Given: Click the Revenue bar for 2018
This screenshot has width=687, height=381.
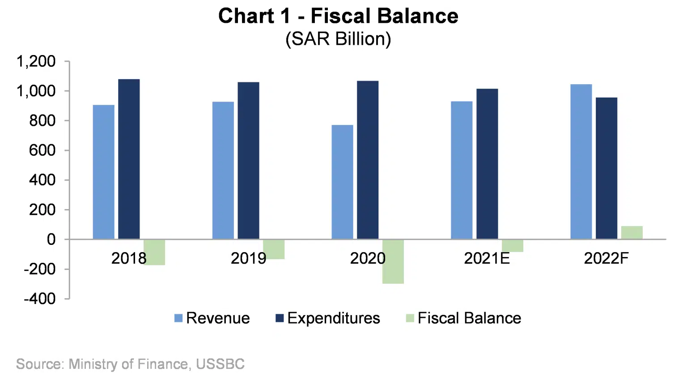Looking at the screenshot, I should click(103, 172).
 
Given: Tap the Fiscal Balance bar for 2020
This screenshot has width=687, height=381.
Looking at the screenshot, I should click(393, 261).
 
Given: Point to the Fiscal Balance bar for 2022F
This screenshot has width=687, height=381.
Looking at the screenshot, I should click(632, 233).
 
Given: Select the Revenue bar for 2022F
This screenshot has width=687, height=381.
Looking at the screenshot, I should click(581, 162).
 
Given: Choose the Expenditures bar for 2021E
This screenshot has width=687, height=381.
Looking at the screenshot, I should click(487, 164).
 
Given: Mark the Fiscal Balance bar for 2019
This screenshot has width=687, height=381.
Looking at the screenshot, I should click(274, 249).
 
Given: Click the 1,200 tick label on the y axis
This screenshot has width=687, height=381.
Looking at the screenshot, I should click(36, 61).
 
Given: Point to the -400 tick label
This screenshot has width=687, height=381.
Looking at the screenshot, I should click(40, 299).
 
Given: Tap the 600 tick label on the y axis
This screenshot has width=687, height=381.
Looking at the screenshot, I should click(42, 150).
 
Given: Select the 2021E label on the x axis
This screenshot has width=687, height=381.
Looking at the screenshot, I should click(487, 259).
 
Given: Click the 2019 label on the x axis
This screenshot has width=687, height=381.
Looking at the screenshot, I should click(248, 259).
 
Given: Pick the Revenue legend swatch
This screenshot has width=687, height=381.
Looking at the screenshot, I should click(178, 318).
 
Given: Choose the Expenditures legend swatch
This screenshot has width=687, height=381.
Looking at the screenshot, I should click(280, 318).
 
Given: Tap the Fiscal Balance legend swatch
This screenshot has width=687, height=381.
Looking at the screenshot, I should click(410, 318).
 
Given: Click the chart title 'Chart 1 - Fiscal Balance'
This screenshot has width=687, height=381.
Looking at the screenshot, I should click(338, 16).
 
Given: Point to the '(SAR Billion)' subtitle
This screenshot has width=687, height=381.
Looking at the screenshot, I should click(338, 39).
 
